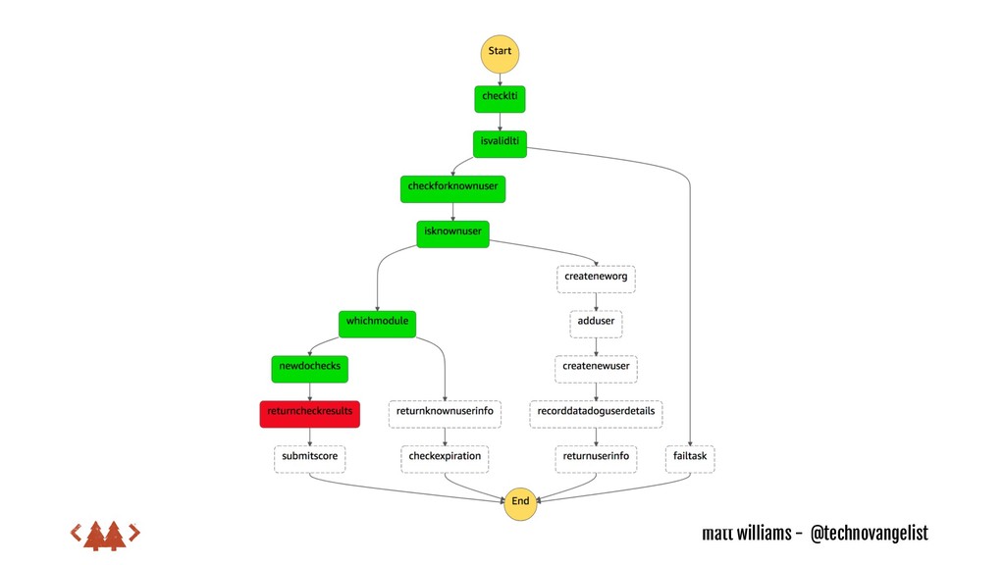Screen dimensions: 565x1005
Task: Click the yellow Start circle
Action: tap(500, 53)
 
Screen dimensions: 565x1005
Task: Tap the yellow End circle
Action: tap(520, 501)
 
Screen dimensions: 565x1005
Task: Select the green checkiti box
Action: tap(501, 97)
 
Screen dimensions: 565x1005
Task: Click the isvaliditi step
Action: tap(500, 143)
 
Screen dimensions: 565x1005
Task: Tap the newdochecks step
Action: tap(310, 368)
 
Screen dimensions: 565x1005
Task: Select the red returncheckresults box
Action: tap(309, 413)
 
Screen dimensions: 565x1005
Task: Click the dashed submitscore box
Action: tap(309, 457)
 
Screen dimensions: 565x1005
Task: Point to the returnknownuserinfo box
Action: tap(445, 413)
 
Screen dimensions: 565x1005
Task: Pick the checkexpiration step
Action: tap(445, 457)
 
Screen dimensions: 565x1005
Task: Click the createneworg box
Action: tap(596, 279)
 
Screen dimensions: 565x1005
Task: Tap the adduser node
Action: tap(596, 323)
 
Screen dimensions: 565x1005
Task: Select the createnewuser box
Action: tap(596, 368)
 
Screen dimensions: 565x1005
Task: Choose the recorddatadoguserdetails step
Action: tap(596, 413)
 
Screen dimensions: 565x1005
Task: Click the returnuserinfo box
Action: tap(596, 457)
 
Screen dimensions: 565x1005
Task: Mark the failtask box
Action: tap(691, 457)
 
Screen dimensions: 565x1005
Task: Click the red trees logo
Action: tap(105, 535)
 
